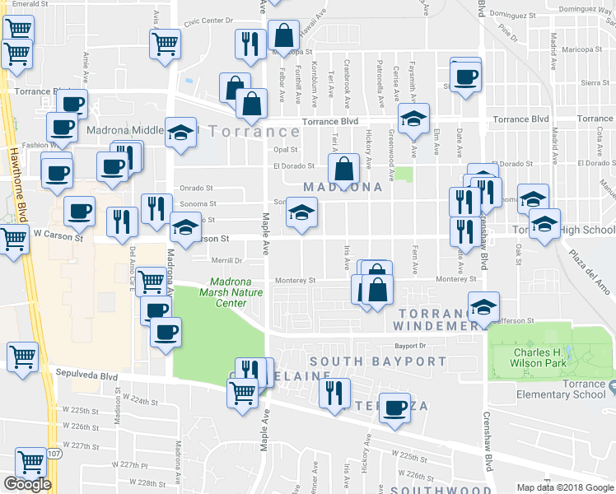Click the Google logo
click(x=27, y=484)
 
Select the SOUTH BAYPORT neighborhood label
click(x=378, y=361)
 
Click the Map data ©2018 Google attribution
click(x=566, y=487)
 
